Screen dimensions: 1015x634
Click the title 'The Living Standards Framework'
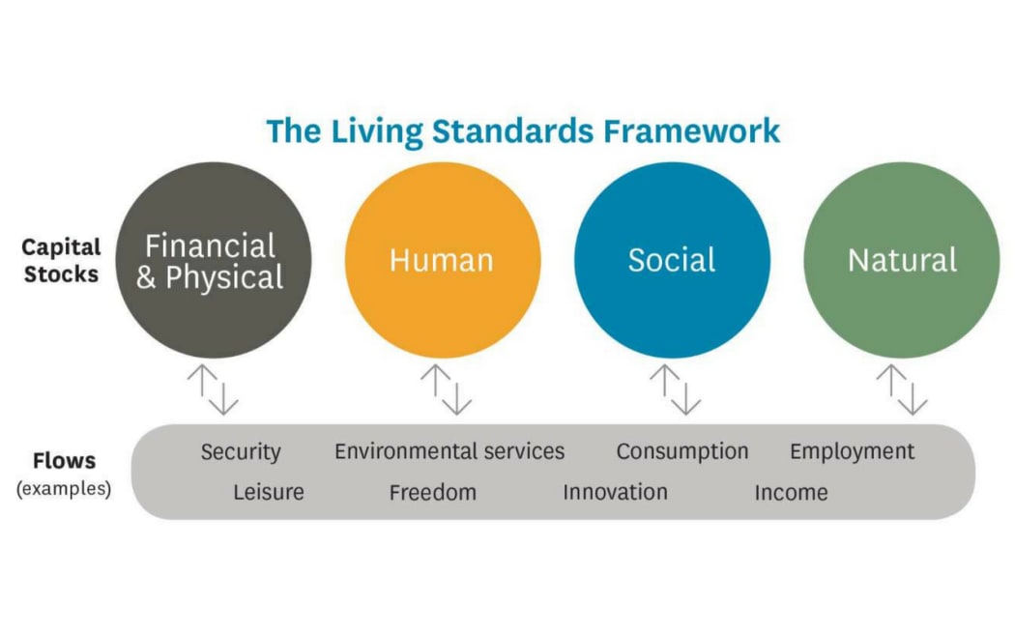pyautogui.click(x=523, y=130)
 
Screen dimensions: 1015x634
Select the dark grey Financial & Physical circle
pyautogui.click(x=214, y=260)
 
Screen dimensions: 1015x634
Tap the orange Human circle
pyautogui.click(x=443, y=260)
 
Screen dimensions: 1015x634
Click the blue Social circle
pyautogui.click(x=672, y=260)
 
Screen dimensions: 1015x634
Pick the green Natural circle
pyautogui.click(x=902, y=260)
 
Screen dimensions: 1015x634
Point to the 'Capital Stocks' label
pyautogui.click(x=62, y=260)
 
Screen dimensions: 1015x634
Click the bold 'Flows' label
pyautogui.click(x=64, y=461)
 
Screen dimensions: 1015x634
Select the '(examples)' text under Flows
pyautogui.click(x=64, y=488)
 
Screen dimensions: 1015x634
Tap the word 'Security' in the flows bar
pyautogui.click(x=241, y=452)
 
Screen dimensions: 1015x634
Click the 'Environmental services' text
pyautogui.click(x=449, y=451)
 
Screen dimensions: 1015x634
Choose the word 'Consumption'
pyautogui.click(x=682, y=451)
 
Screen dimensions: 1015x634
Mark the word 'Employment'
pyautogui.click(x=853, y=451)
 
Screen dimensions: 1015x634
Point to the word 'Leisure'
pyautogui.click(x=269, y=492)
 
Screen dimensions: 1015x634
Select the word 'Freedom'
pyautogui.click(x=433, y=492)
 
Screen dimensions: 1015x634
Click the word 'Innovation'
pyautogui.click(x=615, y=492)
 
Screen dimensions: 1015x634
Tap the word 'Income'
pyautogui.click(x=791, y=492)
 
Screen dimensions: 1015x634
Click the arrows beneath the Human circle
pyautogui.click(x=446, y=389)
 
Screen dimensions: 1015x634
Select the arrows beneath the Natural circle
pyautogui.click(x=902, y=389)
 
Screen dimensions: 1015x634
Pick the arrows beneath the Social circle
pyautogui.click(x=675, y=389)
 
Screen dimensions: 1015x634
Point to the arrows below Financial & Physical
pyautogui.click(x=213, y=389)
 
